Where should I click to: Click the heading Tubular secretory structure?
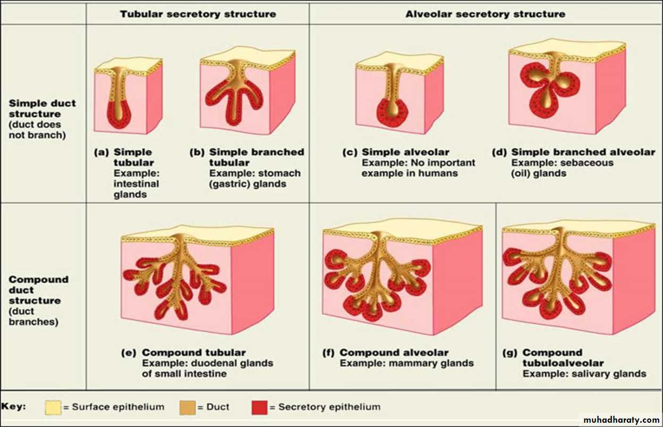click(x=198, y=14)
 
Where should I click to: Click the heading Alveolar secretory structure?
click(x=486, y=14)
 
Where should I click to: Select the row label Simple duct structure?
click(x=42, y=108)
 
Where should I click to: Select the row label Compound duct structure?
click(x=39, y=290)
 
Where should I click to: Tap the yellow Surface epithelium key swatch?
click(x=53, y=407)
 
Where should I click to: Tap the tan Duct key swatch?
click(x=188, y=407)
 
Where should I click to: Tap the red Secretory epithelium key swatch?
click(x=259, y=407)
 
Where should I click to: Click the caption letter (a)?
click(x=101, y=152)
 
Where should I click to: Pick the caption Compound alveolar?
click(x=394, y=353)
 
